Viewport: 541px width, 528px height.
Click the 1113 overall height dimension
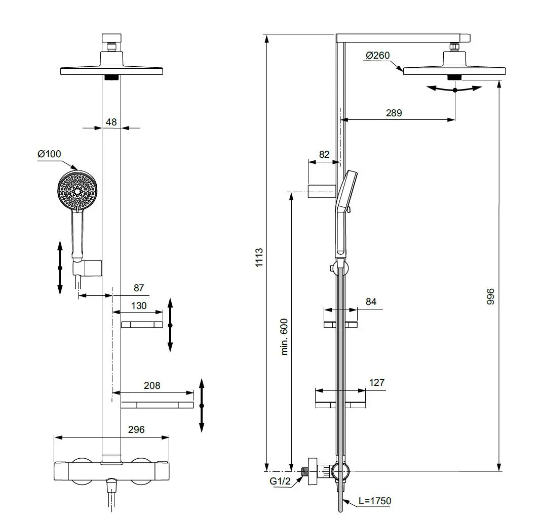coord(259,258)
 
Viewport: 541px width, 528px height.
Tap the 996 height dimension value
coord(490,296)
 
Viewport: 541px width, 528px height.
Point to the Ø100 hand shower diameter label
coord(49,154)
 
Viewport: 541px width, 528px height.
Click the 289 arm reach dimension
coord(394,113)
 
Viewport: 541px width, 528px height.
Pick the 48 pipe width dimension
coord(111,121)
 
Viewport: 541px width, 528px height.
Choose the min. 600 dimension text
coord(284,336)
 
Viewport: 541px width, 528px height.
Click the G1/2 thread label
coord(280,481)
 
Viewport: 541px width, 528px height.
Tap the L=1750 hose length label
coord(374,501)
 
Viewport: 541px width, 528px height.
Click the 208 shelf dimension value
coord(152,385)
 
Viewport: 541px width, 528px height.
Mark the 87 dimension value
coord(138,288)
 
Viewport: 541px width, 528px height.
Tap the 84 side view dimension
coord(371,301)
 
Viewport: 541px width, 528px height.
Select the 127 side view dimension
coord(377,383)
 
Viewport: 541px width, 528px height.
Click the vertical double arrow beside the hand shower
coord(60,268)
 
